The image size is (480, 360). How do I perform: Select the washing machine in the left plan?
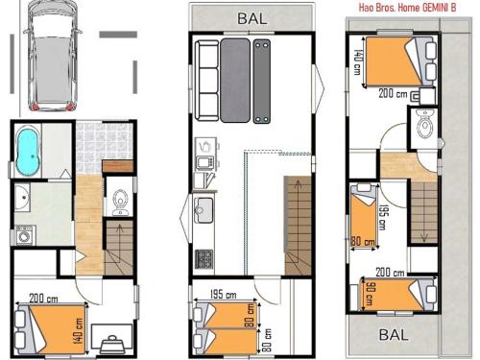[23, 234]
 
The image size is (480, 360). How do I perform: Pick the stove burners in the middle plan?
[203, 257]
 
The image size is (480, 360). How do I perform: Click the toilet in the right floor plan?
[424, 121]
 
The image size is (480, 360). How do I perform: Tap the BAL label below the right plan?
[392, 335]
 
